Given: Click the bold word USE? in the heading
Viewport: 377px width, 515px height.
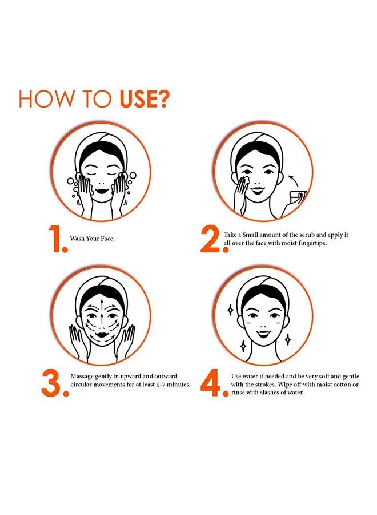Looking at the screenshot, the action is point(145,98).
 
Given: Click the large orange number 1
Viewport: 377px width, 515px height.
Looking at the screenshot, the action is point(58,239).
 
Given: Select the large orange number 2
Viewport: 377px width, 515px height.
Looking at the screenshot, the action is point(214,239).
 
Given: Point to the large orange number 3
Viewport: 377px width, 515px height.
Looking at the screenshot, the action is point(55,383).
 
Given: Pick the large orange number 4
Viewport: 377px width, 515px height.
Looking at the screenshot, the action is point(214,383).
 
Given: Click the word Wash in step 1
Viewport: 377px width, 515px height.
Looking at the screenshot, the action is point(77,239).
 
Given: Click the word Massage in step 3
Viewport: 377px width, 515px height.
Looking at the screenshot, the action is point(82,377).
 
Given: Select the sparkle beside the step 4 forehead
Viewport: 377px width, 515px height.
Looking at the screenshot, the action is point(230,310).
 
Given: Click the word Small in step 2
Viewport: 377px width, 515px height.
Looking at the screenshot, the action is point(250,235).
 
